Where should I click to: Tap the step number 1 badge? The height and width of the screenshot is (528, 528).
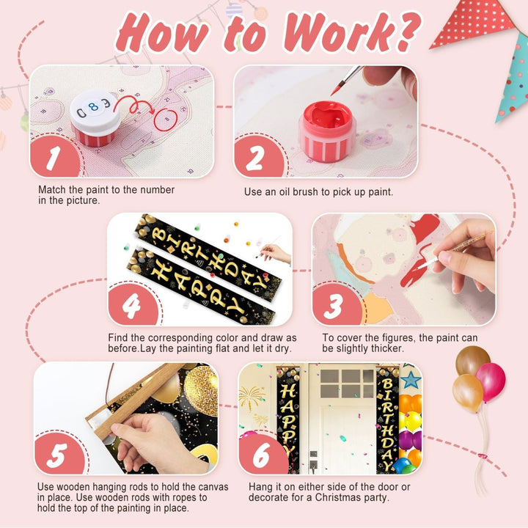(54, 157)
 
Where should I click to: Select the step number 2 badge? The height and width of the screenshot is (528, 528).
(258, 157)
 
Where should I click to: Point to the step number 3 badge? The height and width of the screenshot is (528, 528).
(337, 305)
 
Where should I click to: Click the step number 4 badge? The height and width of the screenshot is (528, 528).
(133, 305)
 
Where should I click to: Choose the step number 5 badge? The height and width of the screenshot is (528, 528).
(59, 454)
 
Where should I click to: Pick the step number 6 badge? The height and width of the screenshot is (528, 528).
(263, 455)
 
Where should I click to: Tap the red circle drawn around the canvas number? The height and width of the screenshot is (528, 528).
(166, 120)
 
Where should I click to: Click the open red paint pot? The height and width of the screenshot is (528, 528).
(327, 131)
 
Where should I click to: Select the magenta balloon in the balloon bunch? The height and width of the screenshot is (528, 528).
(491, 382)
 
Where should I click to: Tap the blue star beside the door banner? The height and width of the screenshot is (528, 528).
(411, 380)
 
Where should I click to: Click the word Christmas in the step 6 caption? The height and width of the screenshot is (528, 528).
(342, 497)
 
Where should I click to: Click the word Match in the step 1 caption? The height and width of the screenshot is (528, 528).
(52, 190)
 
